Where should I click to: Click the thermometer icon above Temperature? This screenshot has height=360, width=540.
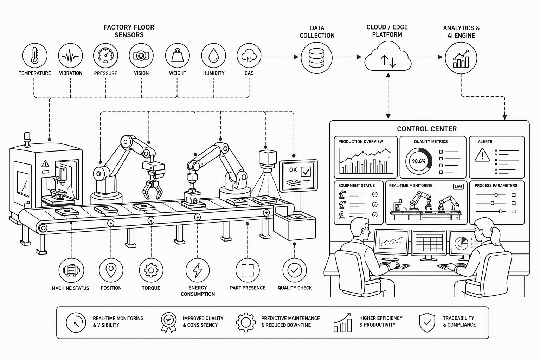coord(35,56)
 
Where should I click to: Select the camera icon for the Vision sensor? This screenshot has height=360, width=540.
coord(141,56)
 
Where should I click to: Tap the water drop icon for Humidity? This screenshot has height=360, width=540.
coord(213,56)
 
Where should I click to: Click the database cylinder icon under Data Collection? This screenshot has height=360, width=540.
coord(316,58)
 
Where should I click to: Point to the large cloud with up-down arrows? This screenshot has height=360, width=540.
coord(388,57)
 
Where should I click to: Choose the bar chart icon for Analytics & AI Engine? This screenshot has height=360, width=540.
coord(461,59)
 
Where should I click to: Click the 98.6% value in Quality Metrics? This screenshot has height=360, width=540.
coord(419,161)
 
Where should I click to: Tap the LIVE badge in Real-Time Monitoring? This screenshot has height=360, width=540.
coord(458,187)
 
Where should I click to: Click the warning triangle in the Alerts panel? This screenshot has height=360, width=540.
coord(482,155)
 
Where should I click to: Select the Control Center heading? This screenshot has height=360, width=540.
coord(427,129)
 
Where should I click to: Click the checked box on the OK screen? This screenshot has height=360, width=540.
coord(306,172)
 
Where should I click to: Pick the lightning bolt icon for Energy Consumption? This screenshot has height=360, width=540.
coord(198,270)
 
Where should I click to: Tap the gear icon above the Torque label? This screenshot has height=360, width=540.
coord(151,270)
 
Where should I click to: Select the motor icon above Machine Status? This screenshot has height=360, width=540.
coord(71,270)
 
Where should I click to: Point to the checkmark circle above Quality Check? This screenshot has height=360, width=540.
coord(295,270)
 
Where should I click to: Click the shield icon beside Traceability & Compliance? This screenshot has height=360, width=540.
coord(427,322)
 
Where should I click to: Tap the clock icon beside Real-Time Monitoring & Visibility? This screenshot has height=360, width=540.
coord(76,323)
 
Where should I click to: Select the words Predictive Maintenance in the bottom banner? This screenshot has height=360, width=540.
coord(290,318)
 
